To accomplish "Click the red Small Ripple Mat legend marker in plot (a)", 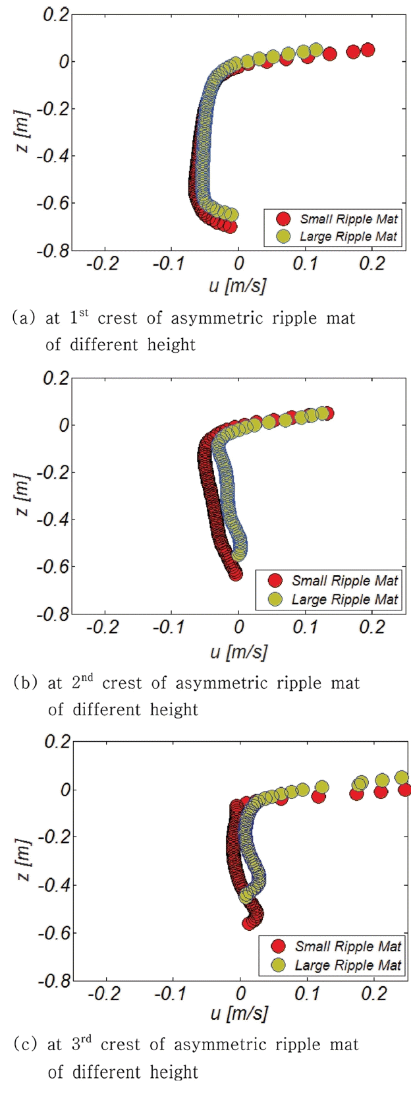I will point(283,219).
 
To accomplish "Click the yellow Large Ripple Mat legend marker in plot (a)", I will point(283,237).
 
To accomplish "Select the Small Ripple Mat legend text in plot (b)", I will point(344,581).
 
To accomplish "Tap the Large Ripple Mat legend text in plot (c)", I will point(348,965).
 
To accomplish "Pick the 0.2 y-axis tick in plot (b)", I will point(56,378).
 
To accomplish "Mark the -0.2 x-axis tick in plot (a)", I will point(104,264).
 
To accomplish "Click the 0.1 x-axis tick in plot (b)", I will point(306,627).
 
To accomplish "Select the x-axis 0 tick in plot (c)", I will point(240,993).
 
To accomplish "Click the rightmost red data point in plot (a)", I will point(368,50).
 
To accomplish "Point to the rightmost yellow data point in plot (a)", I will point(316,50).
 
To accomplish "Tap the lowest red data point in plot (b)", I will point(235,574).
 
